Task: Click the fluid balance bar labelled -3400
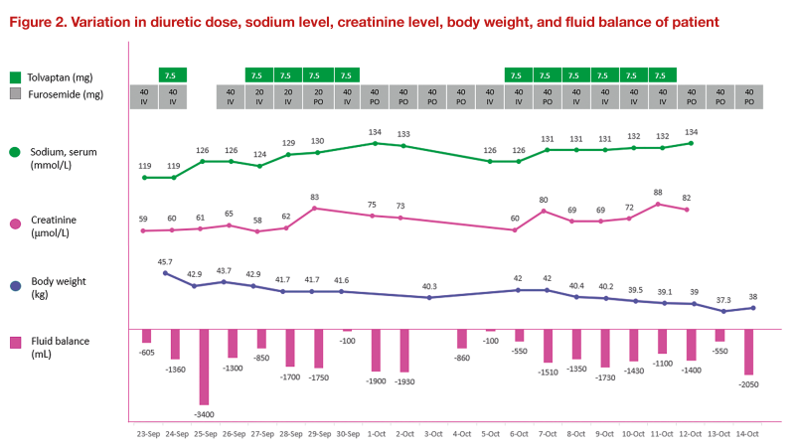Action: coord(204,367)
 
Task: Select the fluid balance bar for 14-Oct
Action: coord(749,353)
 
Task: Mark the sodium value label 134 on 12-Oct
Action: coord(692,131)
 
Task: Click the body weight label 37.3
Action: coord(722,300)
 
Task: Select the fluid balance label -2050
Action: coord(749,385)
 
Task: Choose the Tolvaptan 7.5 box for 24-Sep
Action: coord(173,75)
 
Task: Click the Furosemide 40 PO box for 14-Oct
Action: coord(749,96)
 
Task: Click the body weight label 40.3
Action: coord(430,286)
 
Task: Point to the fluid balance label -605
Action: coord(146,353)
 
